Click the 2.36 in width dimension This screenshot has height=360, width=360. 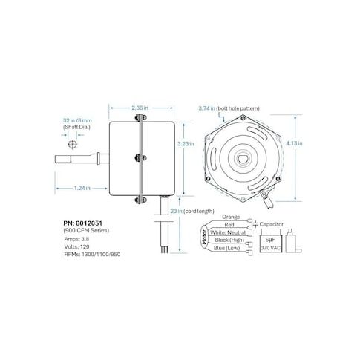[140, 108]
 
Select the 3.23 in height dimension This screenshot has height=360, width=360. [186, 143]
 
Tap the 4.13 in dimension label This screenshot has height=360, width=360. [294, 143]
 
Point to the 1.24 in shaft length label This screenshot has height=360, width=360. [82, 188]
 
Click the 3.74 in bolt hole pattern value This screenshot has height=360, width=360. [207, 108]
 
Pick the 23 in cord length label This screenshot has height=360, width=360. [192, 211]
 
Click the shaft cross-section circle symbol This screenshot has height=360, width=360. [72, 144]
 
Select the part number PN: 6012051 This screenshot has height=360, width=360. [82, 223]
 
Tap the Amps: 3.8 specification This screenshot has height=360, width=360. [76, 239]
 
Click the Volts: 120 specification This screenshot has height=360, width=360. [76, 246]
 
